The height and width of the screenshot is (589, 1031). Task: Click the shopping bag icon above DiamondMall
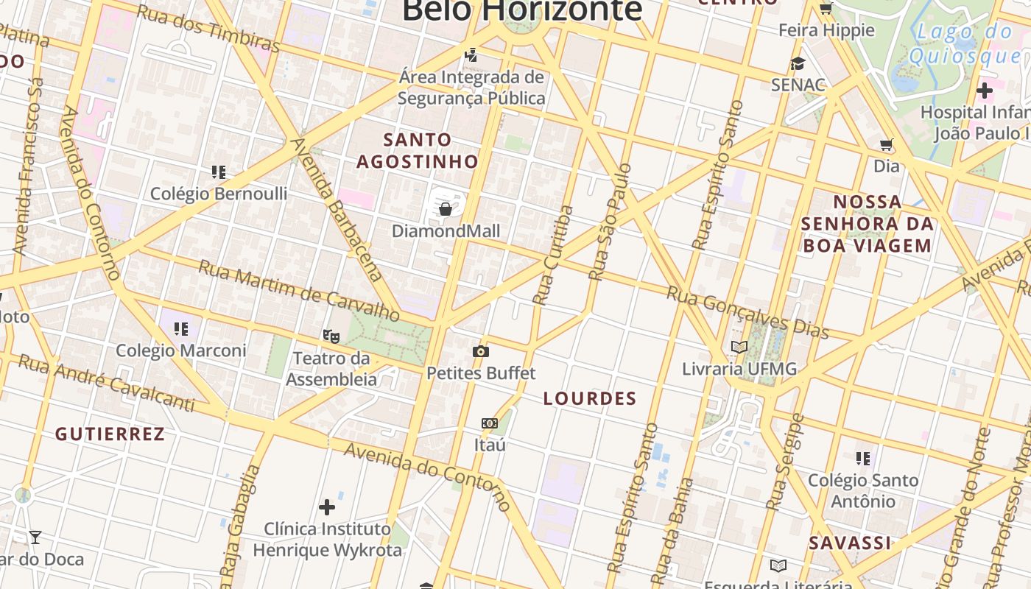click(446, 210)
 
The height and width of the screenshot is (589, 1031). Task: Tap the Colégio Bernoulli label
click(219, 194)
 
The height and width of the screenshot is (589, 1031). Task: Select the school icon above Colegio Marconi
click(181, 328)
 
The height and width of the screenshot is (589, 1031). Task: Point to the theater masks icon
click(331, 336)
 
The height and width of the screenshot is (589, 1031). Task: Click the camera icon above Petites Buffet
click(481, 352)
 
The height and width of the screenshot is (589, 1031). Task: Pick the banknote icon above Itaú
click(490, 423)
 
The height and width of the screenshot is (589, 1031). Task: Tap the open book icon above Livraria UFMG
click(739, 347)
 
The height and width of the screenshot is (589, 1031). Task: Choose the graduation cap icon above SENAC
click(798, 64)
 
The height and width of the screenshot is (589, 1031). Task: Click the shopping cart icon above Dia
click(887, 145)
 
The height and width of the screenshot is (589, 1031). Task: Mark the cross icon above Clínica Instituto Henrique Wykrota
click(327, 507)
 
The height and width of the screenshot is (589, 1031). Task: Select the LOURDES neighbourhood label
click(590, 399)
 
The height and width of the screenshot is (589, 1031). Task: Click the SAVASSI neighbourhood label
click(850, 543)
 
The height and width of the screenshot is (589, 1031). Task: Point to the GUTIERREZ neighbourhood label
click(110, 434)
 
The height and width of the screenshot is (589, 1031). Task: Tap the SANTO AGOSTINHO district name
click(418, 150)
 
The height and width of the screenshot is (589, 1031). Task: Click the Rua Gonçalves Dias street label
click(747, 312)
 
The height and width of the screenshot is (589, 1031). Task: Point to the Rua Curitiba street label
click(553, 255)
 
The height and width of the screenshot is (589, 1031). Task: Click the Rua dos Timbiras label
click(208, 29)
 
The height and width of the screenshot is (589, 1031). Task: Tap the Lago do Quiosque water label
click(965, 43)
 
